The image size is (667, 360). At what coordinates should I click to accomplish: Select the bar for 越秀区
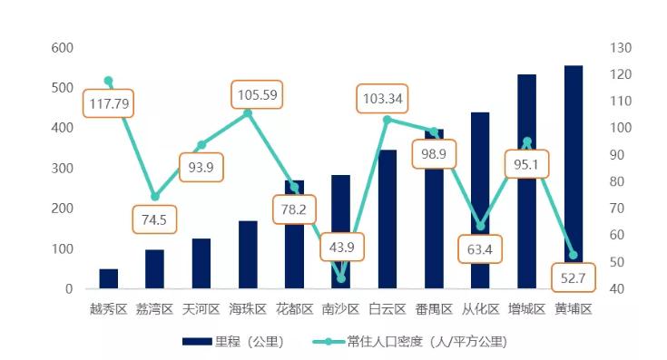pos(109,279)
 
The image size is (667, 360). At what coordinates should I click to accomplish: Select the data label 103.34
pos(382,98)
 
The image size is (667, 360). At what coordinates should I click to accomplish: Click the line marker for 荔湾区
pos(155,197)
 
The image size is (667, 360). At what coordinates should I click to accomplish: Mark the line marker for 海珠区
pos(248,113)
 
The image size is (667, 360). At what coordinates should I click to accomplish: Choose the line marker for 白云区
pos(387,120)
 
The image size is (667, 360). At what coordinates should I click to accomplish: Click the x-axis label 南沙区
pos(341,309)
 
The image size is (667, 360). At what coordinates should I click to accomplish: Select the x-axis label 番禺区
pos(434,309)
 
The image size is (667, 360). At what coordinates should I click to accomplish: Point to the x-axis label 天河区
pos(201,309)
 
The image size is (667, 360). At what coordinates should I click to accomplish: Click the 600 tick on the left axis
pos(63,47)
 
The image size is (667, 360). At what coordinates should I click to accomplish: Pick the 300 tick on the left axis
pos(63,169)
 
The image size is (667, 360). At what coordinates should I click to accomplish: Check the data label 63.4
pos(480,249)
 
